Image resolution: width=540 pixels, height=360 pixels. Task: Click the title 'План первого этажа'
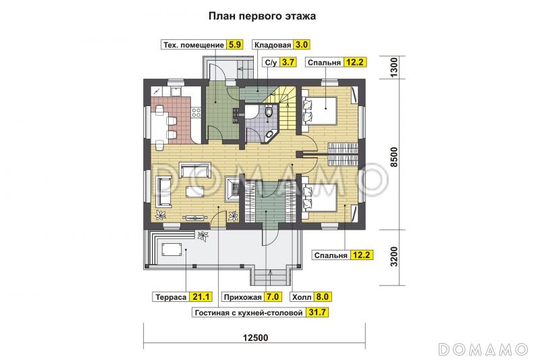click(269, 14)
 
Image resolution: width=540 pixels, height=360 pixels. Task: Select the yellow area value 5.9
click(234, 45)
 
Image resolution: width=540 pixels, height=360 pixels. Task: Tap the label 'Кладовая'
click(272, 45)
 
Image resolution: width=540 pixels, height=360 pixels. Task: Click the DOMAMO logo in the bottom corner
click(483, 349)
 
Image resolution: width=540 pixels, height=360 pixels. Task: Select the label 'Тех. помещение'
click(193, 45)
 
